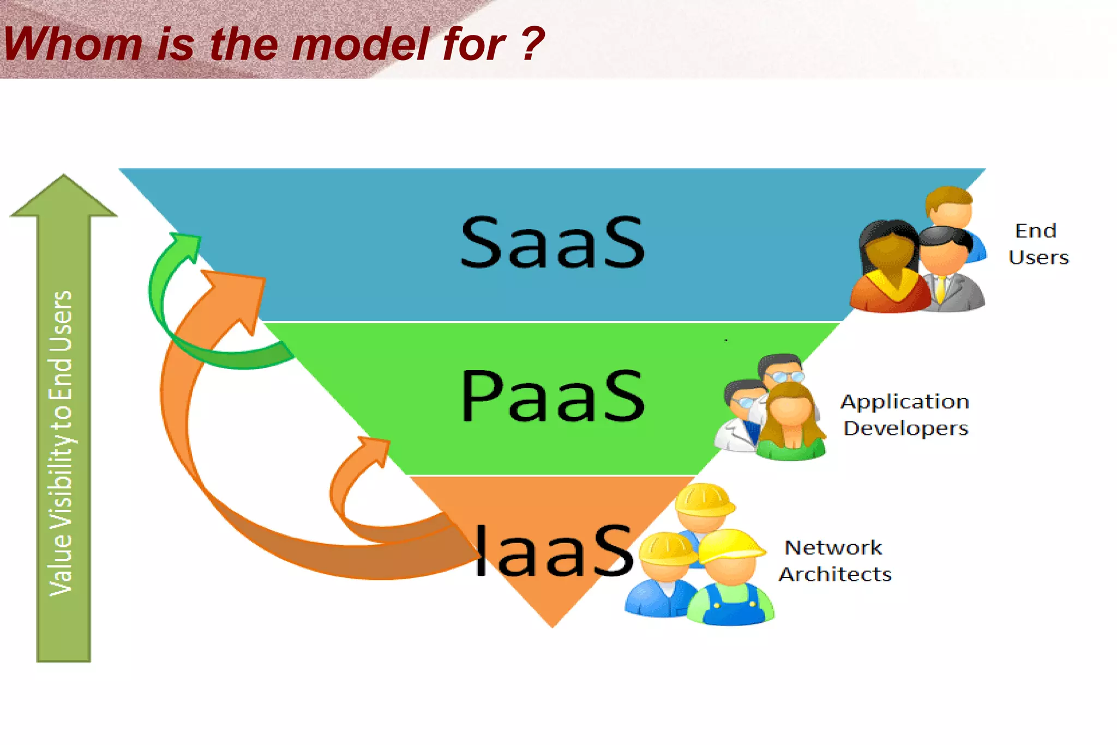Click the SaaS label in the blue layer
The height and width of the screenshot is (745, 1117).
point(552,242)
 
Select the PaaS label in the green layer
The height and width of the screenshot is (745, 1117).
point(552,396)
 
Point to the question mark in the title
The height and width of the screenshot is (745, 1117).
point(532,44)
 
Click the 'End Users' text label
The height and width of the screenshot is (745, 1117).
point(1037,244)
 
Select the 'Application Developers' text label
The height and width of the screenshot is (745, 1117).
point(904,415)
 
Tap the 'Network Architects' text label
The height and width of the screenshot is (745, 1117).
point(834,561)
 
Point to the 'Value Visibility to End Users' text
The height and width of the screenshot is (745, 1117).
point(61,442)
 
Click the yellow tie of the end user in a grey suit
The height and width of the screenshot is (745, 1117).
point(940,289)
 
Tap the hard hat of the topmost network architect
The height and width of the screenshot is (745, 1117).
point(704,499)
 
